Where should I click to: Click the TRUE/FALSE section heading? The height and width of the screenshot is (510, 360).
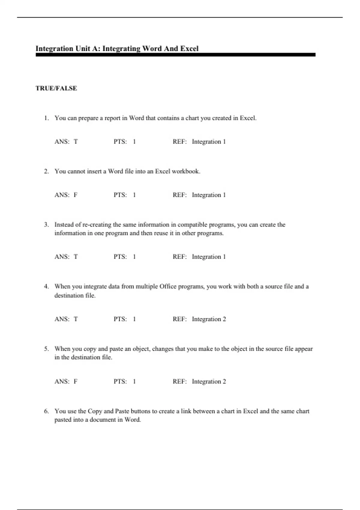click(56, 88)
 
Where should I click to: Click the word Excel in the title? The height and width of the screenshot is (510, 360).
click(189, 49)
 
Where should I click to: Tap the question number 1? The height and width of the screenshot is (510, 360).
click(46, 118)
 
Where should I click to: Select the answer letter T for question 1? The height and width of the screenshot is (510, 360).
click(76, 142)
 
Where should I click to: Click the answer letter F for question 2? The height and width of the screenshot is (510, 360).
click(76, 195)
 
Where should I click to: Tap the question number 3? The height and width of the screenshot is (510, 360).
click(46, 225)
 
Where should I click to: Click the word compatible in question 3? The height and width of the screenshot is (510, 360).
click(192, 225)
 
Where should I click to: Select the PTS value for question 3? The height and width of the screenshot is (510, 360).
click(134, 257)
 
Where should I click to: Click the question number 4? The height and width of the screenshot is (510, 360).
click(46, 286)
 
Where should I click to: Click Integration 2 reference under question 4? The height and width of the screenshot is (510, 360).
click(209, 319)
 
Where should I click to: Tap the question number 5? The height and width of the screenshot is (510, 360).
click(46, 349)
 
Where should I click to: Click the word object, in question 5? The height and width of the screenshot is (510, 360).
click(141, 349)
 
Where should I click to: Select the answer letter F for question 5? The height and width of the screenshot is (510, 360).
click(76, 382)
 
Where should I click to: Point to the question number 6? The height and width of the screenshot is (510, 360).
click(46, 411)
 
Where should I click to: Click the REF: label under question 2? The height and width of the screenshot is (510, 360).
click(179, 195)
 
